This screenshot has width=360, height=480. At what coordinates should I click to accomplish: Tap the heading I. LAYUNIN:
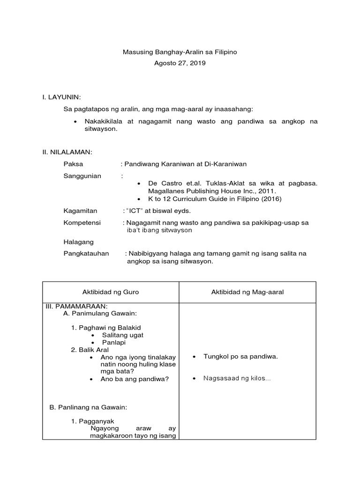point(61,97)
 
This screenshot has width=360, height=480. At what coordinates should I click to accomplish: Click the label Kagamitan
point(80,211)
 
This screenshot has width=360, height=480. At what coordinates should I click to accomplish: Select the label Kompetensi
point(82,223)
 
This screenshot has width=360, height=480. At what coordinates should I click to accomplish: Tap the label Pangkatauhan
point(86,254)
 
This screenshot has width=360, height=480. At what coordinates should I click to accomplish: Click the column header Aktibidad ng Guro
point(111,292)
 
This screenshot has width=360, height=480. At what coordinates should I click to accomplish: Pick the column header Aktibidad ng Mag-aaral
point(247,292)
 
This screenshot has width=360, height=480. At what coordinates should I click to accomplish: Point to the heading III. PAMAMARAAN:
point(76,306)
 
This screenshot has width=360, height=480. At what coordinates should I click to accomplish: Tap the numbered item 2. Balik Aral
point(90,350)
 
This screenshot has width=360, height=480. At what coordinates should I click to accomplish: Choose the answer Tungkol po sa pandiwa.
point(240,357)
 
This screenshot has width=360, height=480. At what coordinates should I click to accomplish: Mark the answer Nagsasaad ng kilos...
point(237,378)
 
